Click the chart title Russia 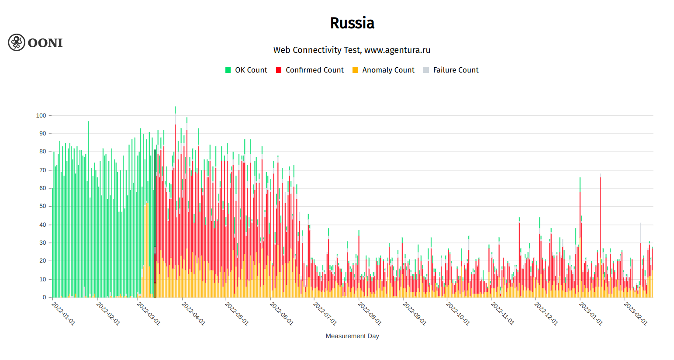[x=352, y=23]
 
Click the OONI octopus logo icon [x=17, y=42]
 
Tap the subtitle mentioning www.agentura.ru [x=352, y=50]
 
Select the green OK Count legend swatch [x=228, y=70]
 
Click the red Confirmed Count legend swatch [x=279, y=70]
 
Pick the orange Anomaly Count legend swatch [x=355, y=70]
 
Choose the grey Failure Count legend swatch [x=426, y=70]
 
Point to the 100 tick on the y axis [x=41, y=116]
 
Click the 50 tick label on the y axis [x=42, y=206]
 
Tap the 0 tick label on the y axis [x=44, y=298]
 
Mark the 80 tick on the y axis [x=42, y=152]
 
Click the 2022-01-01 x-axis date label [x=63, y=314]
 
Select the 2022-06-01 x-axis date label [x=281, y=314]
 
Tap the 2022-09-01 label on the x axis [x=414, y=314]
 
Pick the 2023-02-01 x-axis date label [x=636, y=314]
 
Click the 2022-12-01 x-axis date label [x=546, y=314]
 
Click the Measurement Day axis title [x=352, y=336]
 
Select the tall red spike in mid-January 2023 [x=600, y=227]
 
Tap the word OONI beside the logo [x=45, y=43]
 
